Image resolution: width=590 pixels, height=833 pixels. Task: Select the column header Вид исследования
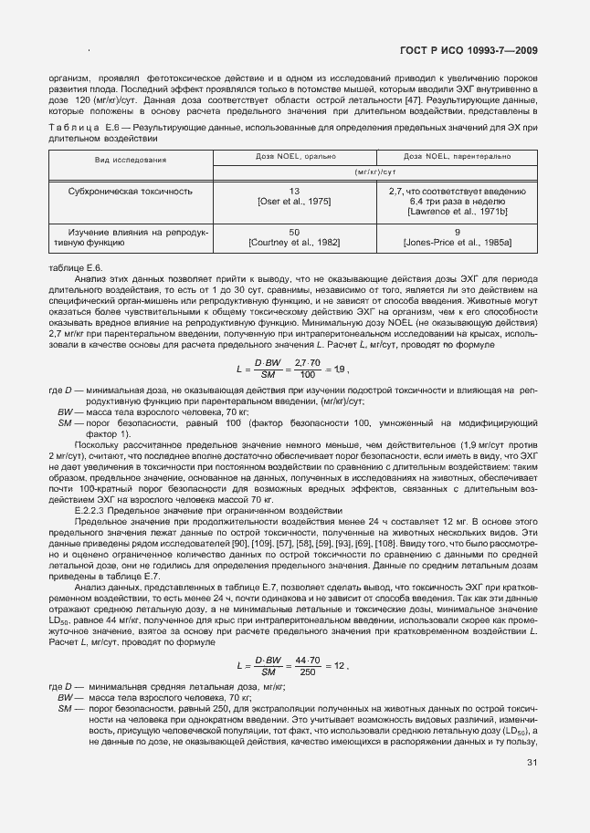click(x=131, y=160)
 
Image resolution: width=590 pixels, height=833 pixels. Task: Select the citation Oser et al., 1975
click(x=294, y=201)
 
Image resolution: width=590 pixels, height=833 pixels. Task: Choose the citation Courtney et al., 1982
click(x=294, y=242)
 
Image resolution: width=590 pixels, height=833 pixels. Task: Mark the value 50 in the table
click(x=294, y=233)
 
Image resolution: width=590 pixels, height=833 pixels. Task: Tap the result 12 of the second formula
click(x=339, y=666)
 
